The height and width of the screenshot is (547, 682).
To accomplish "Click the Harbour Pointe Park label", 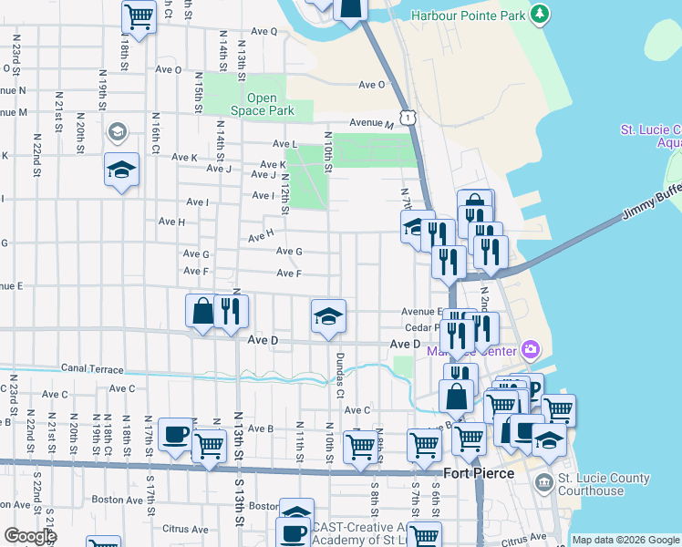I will click(x=468, y=15).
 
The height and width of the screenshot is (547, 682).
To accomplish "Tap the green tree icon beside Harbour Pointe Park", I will click(x=541, y=15).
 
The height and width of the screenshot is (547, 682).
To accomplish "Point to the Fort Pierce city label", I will click(x=479, y=474).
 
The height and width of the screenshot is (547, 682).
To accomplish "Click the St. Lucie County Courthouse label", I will click(x=604, y=484).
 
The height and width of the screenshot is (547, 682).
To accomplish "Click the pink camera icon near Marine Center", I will click(x=531, y=349).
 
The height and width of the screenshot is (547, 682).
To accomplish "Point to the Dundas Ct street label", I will click(x=339, y=375).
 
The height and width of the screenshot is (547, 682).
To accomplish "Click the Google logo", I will click(x=30, y=536).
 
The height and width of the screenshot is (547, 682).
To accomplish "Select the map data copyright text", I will click(x=625, y=540).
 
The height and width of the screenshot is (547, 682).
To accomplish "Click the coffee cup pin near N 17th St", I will click(x=175, y=434).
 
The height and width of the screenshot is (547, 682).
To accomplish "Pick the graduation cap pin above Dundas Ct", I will click(x=328, y=315).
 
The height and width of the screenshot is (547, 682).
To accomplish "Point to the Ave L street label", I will click(x=285, y=144).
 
